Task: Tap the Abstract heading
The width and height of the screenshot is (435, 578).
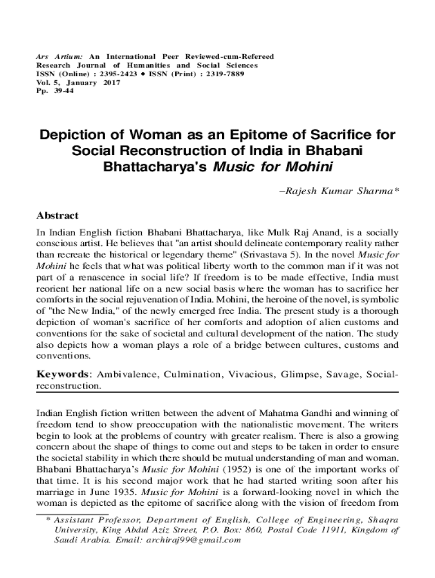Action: pyautogui.click(x=57, y=216)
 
